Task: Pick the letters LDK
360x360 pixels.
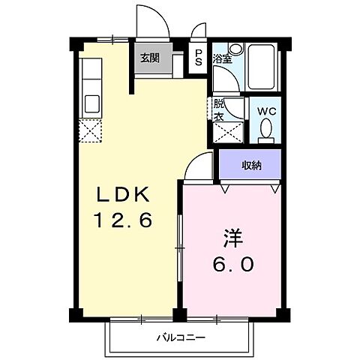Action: click(x=123, y=196)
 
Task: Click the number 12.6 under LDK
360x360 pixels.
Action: click(x=123, y=220)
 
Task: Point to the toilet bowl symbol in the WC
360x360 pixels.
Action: click(x=265, y=132)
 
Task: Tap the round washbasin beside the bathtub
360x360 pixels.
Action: click(x=235, y=49)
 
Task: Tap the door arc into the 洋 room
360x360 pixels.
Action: click(x=197, y=164)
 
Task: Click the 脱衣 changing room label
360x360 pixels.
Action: click(x=219, y=111)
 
